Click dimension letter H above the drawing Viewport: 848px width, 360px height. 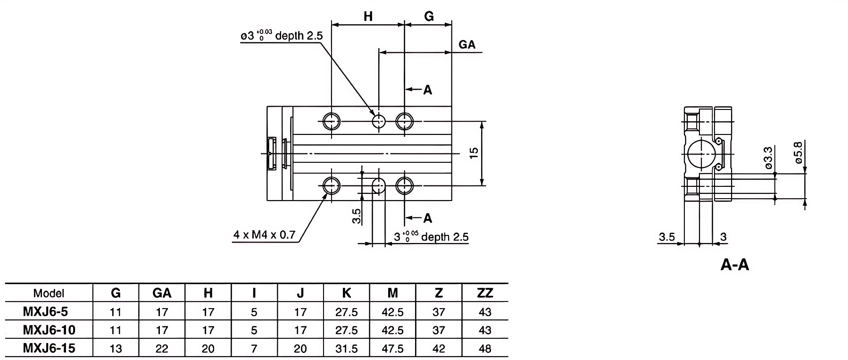[x=368, y=17]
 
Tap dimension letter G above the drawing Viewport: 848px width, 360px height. [x=428, y=17]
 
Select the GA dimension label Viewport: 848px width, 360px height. [x=466, y=44]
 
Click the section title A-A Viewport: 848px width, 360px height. [x=735, y=265]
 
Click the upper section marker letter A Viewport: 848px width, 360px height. [x=427, y=90]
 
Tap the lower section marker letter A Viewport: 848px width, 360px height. [x=427, y=218]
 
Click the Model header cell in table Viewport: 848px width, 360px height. [x=49, y=293]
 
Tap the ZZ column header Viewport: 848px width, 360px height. [x=485, y=293]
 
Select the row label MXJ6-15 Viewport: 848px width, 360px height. [x=49, y=349]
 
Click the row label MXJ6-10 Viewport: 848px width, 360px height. [x=49, y=330]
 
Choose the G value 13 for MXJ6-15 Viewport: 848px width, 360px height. [x=115, y=349]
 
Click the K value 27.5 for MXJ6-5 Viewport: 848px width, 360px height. [x=347, y=312]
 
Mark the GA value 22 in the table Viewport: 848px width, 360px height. [x=162, y=349]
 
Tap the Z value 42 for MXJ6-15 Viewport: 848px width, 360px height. [x=439, y=349]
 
